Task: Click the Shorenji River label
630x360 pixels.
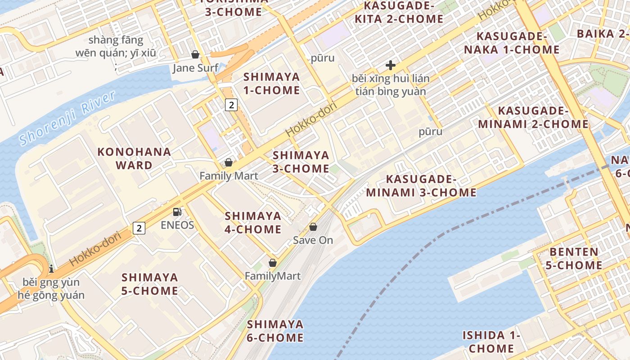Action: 67,118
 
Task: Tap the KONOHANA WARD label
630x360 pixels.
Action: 134,158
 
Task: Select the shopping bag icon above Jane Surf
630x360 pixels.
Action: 195,54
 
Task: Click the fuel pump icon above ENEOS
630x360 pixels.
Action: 177,211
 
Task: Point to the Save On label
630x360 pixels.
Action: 313,240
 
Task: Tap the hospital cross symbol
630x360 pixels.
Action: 391,65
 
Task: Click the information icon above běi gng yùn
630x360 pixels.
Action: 51,269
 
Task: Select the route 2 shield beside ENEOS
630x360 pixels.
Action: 139,228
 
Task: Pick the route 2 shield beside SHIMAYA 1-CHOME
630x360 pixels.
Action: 231,105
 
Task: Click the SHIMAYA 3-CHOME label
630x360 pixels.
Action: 301,162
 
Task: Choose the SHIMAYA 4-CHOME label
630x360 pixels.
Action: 253,222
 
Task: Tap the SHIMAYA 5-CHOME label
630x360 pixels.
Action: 150,283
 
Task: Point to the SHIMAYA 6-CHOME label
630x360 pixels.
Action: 275,331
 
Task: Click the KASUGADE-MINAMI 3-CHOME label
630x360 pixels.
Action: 421,186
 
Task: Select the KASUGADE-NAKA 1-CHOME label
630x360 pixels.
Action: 512,43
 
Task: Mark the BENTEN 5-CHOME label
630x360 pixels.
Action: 574,258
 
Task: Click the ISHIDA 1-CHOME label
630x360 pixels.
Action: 491,342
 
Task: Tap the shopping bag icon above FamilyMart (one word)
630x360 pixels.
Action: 272,263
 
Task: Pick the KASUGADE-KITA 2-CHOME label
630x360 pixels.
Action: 399,12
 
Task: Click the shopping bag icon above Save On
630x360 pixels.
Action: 313,227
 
